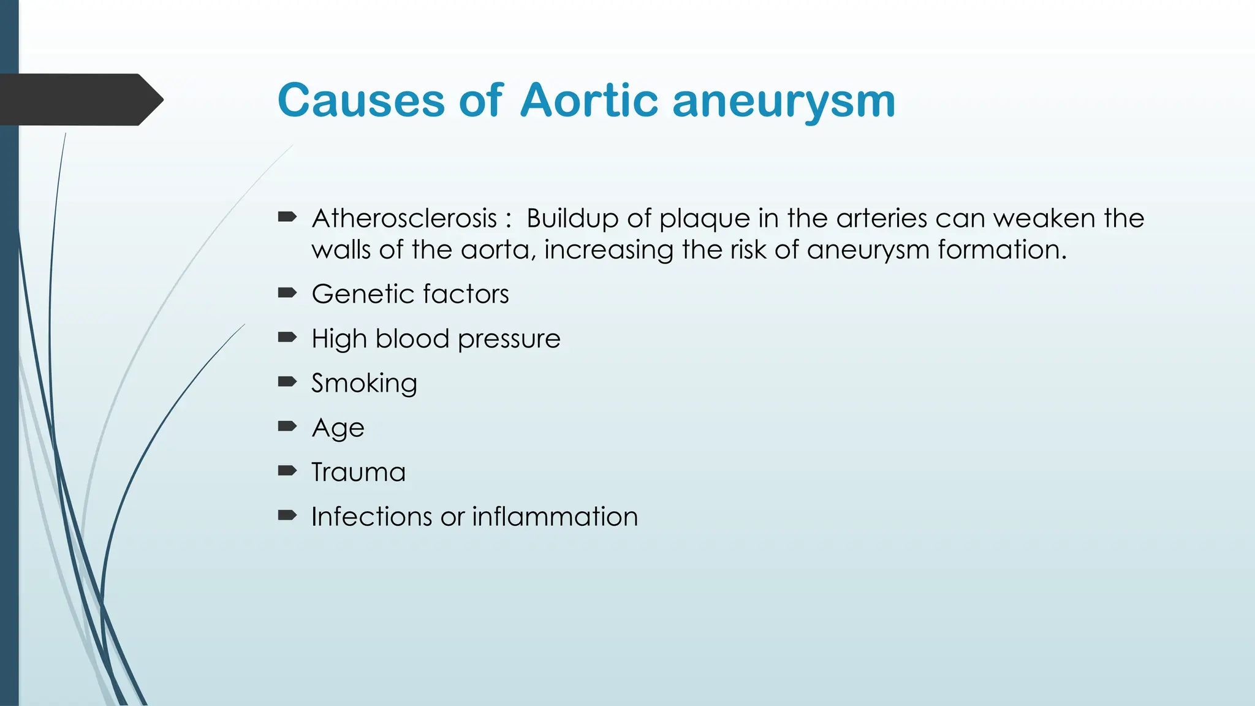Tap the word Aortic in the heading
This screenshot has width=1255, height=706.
(589, 101)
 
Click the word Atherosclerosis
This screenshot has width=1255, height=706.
(404, 219)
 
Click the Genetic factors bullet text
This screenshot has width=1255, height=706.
(410, 294)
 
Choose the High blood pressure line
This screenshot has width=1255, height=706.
(436, 339)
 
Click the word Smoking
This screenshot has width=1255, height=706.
(364, 384)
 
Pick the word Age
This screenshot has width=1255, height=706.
(338, 428)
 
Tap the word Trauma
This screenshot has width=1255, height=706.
(358, 473)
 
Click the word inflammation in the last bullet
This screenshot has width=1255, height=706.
(555, 517)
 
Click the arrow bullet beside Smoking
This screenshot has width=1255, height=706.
(287, 382)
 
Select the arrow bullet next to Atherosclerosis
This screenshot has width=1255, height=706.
(287, 217)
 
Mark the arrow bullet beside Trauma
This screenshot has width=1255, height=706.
(287, 471)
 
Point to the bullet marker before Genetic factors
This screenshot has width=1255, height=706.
(287, 293)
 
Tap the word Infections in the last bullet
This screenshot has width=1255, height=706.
(371, 517)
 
